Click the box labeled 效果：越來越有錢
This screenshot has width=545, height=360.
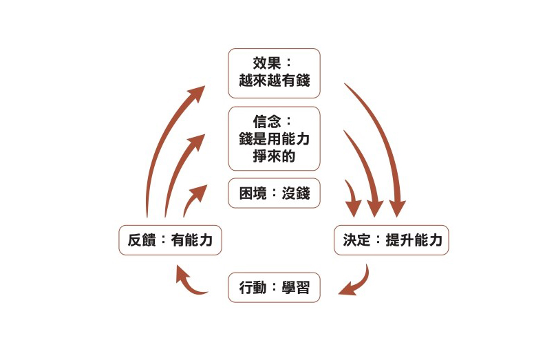pos(274,72)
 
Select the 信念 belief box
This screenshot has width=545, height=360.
pos(274,138)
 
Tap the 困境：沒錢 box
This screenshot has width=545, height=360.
pos(274,193)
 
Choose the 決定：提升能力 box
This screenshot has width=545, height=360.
pos(391,240)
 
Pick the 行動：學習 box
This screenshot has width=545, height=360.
pos(274,288)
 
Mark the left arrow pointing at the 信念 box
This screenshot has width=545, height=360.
pos(178,169)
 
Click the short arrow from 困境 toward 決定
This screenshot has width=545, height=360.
pos(353,194)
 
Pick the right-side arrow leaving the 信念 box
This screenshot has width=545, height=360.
pos(365,165)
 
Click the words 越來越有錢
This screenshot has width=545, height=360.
pos(274,81)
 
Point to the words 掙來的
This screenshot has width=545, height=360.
pos(274,156)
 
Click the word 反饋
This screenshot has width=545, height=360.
pos(141,240)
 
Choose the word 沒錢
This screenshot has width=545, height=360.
pos(297,193)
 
